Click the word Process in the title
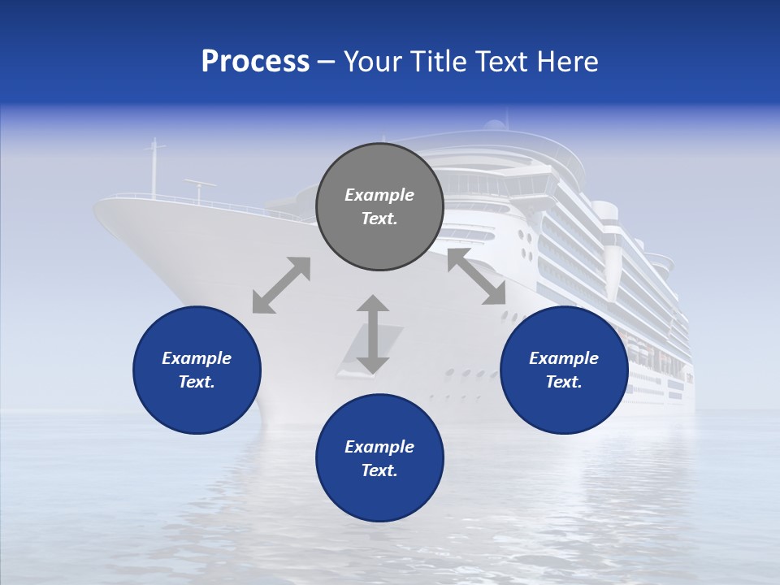255,62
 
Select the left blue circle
197,370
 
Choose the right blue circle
564,370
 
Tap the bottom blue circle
379,458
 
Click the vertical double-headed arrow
373,334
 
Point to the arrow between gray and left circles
281,284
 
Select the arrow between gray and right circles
476,277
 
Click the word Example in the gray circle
379,195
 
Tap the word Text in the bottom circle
379,470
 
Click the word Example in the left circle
197,358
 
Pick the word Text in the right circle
564,382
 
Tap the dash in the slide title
326,63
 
